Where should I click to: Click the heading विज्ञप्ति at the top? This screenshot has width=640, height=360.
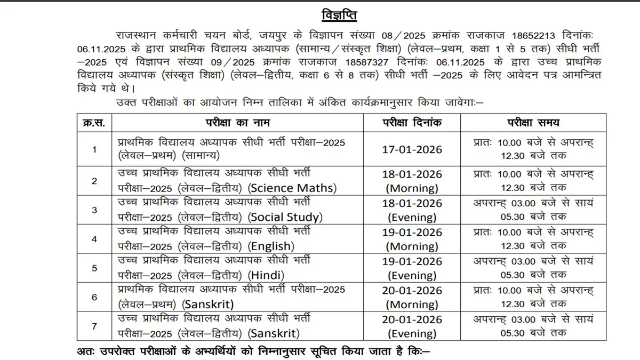(x=340, y=14)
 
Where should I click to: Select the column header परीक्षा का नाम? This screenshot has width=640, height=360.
(x=238, y=123)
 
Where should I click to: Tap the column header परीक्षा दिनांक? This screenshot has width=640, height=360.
(x=412, y=123)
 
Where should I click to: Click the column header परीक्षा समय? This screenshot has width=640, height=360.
(x=533, y=123)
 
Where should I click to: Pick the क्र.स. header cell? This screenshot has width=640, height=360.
(x=94, y=123)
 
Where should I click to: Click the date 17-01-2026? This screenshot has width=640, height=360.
(x=412, y=149)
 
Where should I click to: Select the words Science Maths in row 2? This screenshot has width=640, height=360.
(x=293, y=188)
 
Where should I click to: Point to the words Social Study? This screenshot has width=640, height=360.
(x=286, y=217)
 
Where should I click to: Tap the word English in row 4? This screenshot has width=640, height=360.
(x=272, y=246)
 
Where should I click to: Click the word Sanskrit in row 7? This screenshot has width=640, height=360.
(x=273, y=334)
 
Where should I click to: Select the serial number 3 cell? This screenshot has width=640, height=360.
(x=94, y=210)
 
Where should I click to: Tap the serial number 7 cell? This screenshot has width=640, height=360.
(x=94, y=326)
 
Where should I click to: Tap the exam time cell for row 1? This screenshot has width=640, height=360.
(x=533, y=149)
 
